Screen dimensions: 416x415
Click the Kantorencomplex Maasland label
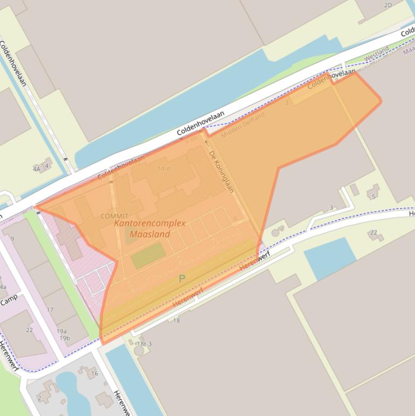click(149, 229)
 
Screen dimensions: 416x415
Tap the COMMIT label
click(114, 217)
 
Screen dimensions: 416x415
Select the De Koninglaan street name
click(221, 171)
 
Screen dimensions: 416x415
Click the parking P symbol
click(182, 279)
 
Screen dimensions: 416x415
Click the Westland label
click(376, 53)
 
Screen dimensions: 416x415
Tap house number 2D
click(387, 5)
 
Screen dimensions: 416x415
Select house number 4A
click(37, 169)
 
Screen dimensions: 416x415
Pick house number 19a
click(62, 331)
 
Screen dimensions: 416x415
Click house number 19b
click(65, 338)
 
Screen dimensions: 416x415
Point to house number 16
click(94, 373)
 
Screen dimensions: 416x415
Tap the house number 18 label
click(176, 320)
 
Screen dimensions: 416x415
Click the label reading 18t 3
click(144, 344)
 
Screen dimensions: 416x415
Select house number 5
click(373, 197)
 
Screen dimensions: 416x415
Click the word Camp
click(9, 299)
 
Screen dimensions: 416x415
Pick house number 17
click(50, 310)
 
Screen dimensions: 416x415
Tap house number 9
click(12, 238)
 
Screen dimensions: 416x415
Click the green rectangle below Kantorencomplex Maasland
click(147, 255)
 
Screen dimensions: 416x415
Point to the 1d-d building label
click(164, 169)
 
